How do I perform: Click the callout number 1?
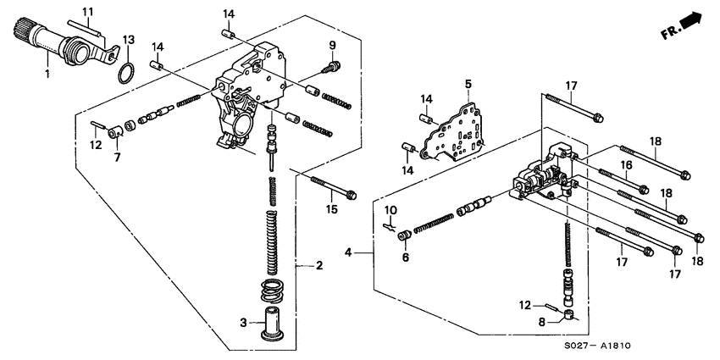(x=47, y=75)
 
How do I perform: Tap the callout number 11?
(x=86, y=11)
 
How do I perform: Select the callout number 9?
(x=333, y=45)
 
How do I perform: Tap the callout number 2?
(x=319, y=266)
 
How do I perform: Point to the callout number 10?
(x=392, y=209)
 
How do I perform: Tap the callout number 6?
(x=405, y=257)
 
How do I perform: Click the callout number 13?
(x=129, y=40)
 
